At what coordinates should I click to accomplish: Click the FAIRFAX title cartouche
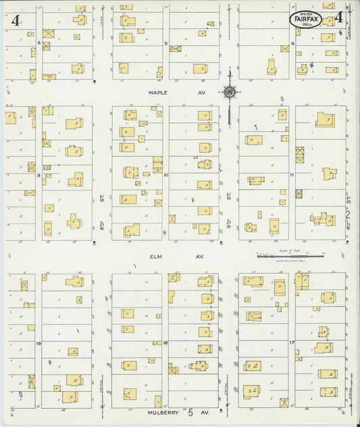pos(307,20)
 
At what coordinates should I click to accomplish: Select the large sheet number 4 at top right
pos(338,18)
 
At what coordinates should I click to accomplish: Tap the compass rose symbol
pos(230,92)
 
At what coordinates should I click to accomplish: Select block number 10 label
pos(165,174)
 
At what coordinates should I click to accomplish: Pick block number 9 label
pos(39,175)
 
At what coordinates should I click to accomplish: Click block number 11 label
pos(292,174)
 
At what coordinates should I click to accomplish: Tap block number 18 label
pos(165,343)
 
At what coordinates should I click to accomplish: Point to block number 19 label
pos(39,343)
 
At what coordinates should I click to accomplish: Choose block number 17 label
pos(292,343)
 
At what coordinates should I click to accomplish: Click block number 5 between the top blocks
pos(165,43)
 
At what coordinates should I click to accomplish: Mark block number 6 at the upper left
pos(40,43)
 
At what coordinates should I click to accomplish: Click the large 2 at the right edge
pos(349,214)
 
